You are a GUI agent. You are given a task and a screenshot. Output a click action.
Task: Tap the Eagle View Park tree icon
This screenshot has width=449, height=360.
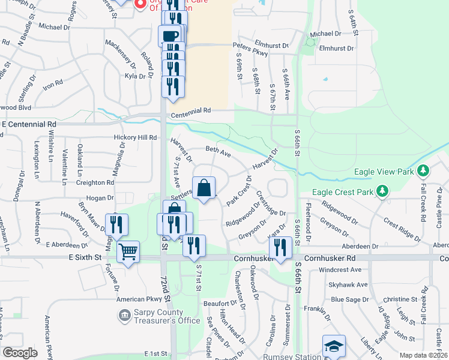pyautogui.click(x=424, y=171)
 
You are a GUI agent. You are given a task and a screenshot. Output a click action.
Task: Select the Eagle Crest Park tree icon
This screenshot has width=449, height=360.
pyautogui.click(x=381, y=192)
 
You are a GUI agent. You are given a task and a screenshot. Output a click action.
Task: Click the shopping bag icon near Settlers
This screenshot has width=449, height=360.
pyautogui.click(x=204, y=188)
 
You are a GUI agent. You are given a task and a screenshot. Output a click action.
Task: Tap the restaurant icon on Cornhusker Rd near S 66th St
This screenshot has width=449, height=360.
pyautogui.click(x=280, y=246)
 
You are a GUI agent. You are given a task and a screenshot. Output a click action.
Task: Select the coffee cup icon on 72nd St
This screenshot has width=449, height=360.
pyautogui.click(x=169, y=35)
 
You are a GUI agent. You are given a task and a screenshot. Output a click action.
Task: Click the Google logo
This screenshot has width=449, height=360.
pyautogui.click(x=20, y=353)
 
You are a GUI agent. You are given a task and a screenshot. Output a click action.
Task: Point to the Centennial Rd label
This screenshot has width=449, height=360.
pyautogui.click(x=191, y=110)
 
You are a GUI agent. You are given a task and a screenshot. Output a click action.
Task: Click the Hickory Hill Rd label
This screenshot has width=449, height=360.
pyautogui.click(x=134, y=137)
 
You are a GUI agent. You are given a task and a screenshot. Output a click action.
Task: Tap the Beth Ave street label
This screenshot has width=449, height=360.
pyautogui.click(x=218, y=153)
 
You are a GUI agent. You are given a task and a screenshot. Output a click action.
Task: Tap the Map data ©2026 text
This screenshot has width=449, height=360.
pyautogui.click(x=424, y=355)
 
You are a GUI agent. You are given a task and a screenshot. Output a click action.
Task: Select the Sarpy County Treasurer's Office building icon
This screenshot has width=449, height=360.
pyautogui.click(x=124, y=314)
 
